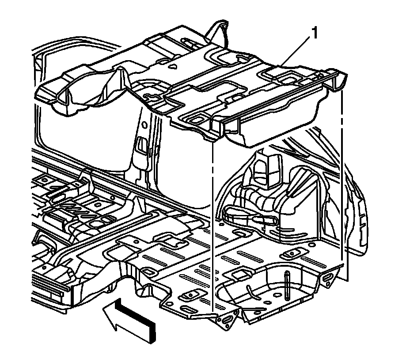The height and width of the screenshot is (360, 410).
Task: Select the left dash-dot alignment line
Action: coord(213,221)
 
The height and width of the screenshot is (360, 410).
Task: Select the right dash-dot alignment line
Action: coord(343,177)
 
